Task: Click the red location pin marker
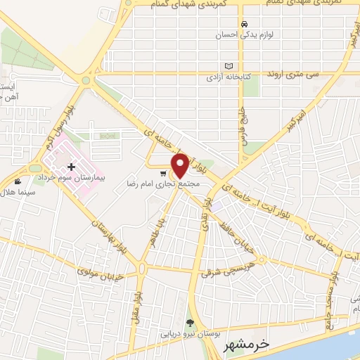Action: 180,165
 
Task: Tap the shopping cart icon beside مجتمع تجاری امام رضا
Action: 163,173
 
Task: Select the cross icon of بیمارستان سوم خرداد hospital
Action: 71,167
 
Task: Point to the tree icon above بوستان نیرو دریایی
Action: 189,322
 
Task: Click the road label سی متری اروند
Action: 296,74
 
